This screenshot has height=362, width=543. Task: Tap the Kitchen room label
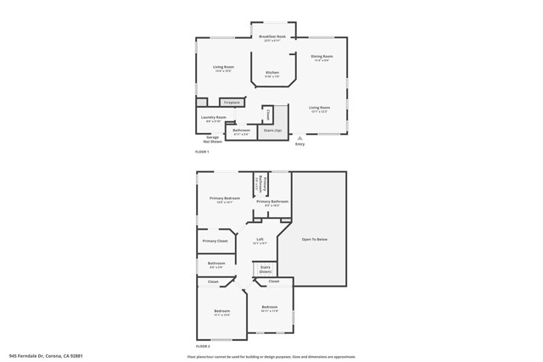click(271, 74)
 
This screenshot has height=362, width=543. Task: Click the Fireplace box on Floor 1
click(231, 103)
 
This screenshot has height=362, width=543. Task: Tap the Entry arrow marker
click(299, 137)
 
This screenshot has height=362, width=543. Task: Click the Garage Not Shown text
click(213, 139)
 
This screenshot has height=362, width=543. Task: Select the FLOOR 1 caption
click(202, 152)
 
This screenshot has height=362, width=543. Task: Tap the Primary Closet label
click(215, 241)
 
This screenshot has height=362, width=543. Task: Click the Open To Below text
click(314, 240)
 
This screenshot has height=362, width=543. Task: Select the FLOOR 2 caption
click(202, 346)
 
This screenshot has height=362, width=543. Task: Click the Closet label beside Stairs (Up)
click(268, 114)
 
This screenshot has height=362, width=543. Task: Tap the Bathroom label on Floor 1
click(241, 131)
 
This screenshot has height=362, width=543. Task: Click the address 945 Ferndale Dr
click(46, 356)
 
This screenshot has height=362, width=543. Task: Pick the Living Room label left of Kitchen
click(223, 68)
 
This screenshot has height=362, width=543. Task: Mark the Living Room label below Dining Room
click(319, 109)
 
